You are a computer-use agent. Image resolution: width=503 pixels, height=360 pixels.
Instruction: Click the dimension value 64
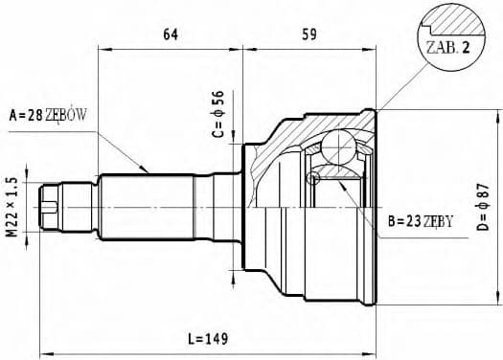point(171,35)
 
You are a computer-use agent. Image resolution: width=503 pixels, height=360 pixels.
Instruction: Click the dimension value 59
point(309,35)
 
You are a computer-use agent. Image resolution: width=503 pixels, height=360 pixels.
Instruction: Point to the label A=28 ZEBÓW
point(48,115)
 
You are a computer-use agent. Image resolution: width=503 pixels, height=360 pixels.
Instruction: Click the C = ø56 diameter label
point(218,115)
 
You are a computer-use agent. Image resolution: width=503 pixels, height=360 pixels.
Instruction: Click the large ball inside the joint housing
point(338,148)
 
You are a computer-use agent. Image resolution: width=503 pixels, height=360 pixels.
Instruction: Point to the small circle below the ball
point(311,178)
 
